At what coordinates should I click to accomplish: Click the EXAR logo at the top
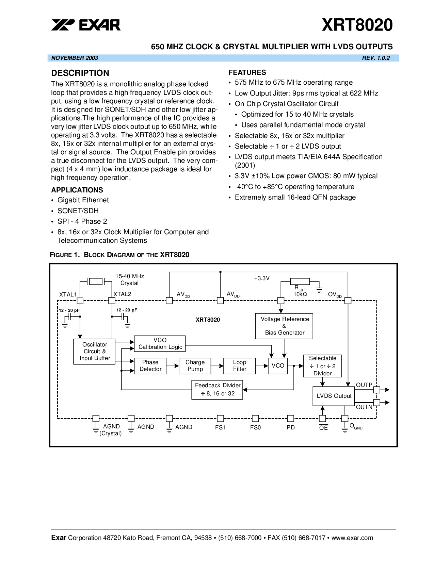pyautogui.click(x=86, y=25)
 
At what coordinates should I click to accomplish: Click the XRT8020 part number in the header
pyautogui.click(x=357, y=25)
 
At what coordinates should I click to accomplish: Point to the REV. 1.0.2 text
pyautogui.click(x=376, y=58)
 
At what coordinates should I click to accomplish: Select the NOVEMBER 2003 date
pyautogui.click(x=75, y=58)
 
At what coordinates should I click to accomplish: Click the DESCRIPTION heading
pyautogui.click(x=80, y=73)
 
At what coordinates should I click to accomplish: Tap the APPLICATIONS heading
pyautogui.click(x=77, y=190)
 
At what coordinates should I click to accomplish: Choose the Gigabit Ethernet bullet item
pyautogui.click(x=83, y=200)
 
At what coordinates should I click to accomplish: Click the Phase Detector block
pyautogui.click(x=150, y=366)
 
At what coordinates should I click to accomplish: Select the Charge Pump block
pyautogui.click(x=195, y=366)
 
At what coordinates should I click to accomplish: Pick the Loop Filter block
pyautogui.click(x=240, y=366)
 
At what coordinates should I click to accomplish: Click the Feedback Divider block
pyautogui.click(x=217, y=390)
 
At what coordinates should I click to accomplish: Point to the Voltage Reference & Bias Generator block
pyautogui.click(x=284, y=326)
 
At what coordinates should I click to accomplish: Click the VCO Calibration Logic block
pyautogui.click(x=160, y=344)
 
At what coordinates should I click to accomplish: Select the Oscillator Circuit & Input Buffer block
pyautogui.click(x=94, y=352)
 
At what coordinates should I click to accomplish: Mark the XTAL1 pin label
pyautogui.click(x=68, y=294)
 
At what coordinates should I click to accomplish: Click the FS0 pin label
pyautogui.click(x=255, y=427)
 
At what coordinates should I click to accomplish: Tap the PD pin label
pyautogui.click(x=291, y=427)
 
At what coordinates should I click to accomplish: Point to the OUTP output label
pyautogui.click(x=364, y=385)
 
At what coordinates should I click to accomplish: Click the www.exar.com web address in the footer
pyautogui.click(x=352, y=538)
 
